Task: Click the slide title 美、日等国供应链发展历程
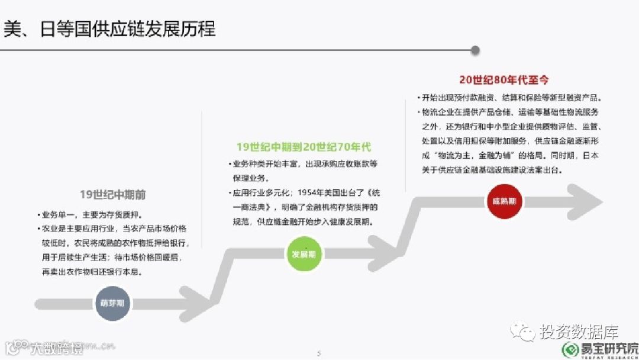[109, 28]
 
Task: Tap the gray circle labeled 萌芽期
[112, 303]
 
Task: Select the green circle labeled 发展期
[304, 254]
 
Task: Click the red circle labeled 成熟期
[504, 201]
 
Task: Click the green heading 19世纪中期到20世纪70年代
[304, 147]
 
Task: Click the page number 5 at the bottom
[319, 353]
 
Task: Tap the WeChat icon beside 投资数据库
[523, 329]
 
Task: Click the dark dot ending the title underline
[475, 50]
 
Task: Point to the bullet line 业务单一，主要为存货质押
[90, 215]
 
